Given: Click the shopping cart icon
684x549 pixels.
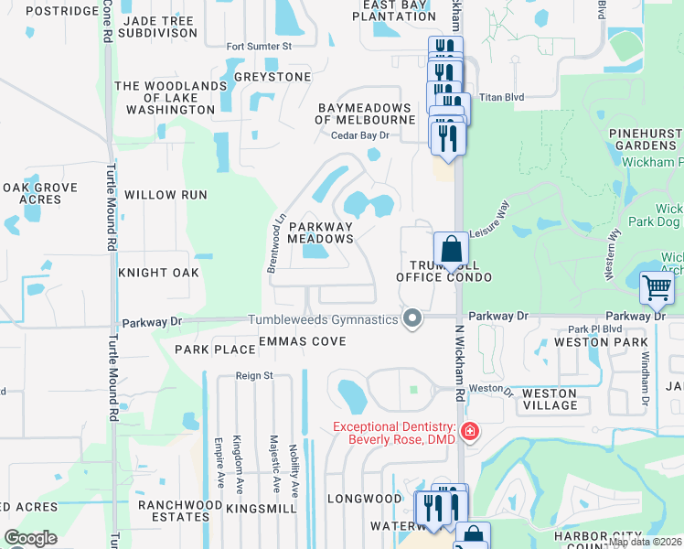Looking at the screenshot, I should point(657,287).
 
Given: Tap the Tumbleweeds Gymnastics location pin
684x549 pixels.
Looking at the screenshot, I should point(413,319).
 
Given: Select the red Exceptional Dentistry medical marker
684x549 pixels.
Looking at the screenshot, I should point(470,431).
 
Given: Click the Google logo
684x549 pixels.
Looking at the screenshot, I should point(31,538).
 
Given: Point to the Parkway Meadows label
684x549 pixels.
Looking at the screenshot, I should point(321,232).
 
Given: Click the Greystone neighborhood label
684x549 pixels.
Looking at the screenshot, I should point(273,77).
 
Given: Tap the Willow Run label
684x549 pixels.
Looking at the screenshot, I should point(166,195).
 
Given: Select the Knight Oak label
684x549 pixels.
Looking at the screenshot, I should point(159,273).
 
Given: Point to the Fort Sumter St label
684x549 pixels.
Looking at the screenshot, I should point(259,46).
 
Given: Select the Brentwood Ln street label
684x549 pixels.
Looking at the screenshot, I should point(272,242).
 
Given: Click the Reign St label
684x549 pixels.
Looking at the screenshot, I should point(255,375).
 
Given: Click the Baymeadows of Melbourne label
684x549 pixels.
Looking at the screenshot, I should point(366,113).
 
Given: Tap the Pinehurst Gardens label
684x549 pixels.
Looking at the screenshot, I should point(646,139).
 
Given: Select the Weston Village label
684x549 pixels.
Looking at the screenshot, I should point(550,399).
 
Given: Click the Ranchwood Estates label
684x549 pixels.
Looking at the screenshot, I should point(180,511).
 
